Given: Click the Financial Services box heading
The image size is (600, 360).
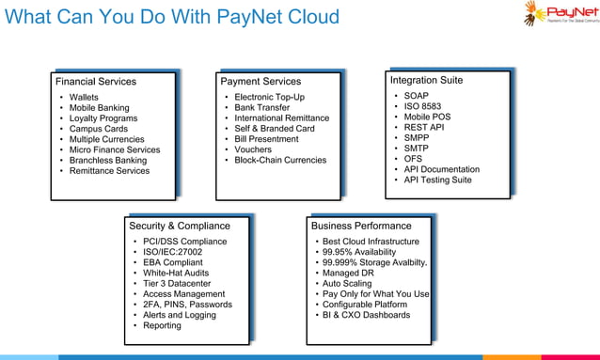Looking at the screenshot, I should pos(96,82).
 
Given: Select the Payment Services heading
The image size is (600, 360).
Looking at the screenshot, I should pos(261,82).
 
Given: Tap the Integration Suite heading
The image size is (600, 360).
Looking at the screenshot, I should pos(427,80).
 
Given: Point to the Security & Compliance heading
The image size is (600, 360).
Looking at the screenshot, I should pos(180,226).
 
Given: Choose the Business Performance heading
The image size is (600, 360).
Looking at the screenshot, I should pos(361,226).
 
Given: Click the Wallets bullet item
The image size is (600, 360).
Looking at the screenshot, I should pos(84,97).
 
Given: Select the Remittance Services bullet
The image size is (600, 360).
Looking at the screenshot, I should pos(109,171).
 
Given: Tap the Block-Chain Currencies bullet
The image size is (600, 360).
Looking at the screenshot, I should pos(280,160).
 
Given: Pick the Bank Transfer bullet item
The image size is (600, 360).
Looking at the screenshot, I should pos(262,108).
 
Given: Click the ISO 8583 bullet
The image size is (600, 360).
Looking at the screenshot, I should pos(423,107).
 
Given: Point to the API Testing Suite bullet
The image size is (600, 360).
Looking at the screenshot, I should pos(437,180).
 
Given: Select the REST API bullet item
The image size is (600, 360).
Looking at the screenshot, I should pos(423,128).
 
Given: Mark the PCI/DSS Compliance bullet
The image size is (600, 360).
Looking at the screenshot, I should pos(185,242).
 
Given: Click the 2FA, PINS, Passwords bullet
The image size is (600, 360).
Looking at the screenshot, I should pos(187,305).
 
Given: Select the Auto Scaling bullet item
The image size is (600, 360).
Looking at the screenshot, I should pos(347,283).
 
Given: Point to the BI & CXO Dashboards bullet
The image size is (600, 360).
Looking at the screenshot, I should pos(366,315).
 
